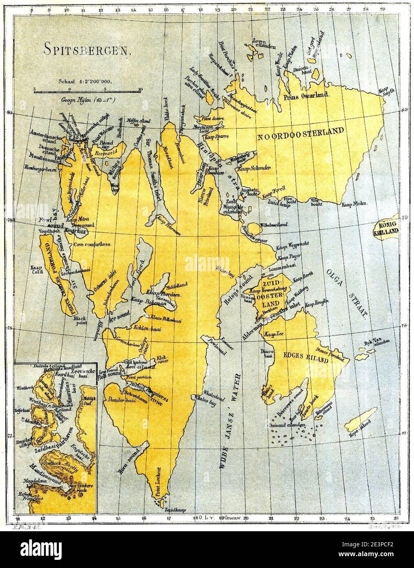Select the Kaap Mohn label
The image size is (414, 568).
(355, 203)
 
